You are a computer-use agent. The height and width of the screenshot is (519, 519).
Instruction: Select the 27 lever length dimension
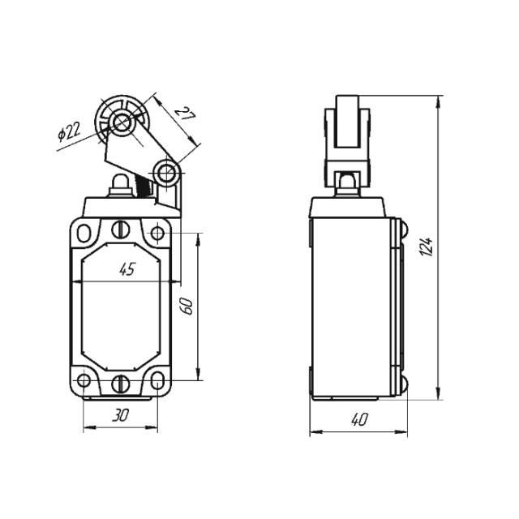tap(186, 114)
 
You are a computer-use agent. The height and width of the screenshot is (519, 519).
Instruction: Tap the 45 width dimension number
tap(127, 269)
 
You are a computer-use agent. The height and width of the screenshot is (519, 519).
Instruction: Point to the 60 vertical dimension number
tap(187, 307)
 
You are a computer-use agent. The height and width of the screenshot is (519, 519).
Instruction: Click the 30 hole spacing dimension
tap(120, 414)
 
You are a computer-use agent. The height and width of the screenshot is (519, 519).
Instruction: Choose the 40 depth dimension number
tap(359, 419)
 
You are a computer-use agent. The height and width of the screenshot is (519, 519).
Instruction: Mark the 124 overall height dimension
tap(427, 247)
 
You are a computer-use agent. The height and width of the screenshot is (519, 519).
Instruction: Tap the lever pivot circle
tap(166, 173)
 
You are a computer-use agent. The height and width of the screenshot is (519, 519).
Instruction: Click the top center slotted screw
tap(121, 229)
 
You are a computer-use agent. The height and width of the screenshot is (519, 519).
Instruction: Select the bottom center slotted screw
tap(121, 383)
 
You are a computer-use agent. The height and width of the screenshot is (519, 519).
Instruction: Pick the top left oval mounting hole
tap(84, 233)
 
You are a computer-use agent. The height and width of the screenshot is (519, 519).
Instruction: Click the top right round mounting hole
tap(157, 233)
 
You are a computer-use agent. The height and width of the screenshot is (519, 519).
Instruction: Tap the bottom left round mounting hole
tap(84, 380)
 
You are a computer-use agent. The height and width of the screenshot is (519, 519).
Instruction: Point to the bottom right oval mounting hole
tap(157, 380)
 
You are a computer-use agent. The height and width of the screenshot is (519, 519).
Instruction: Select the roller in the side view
tap(347, 122)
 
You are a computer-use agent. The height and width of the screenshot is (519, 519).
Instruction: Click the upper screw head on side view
tap(404, 229)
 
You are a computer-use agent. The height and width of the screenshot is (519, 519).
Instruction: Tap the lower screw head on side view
tap(404, 384)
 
